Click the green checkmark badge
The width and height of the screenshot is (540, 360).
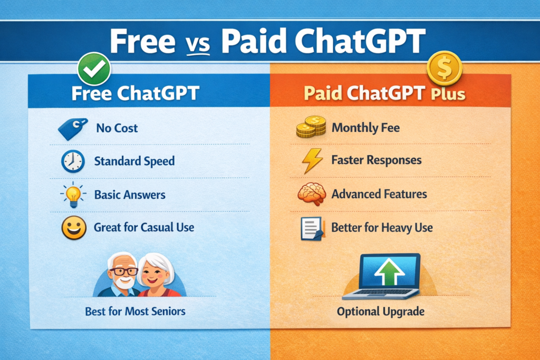pyautogui.click(x=94, y=68)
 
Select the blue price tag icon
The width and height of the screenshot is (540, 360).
pyautogui.click(x=73, y=128)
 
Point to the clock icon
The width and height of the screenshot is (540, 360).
pyautogui.click(x=73, y=161)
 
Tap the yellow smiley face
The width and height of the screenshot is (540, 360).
pyautogui.click(x=73, y=228)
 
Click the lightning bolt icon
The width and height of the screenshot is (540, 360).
pyautogui.click(x=312, y=161)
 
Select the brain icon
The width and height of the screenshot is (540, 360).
pyautogui.click(x=311, y=194)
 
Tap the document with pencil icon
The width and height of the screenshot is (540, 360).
pyautogui.click(x=311, y=228)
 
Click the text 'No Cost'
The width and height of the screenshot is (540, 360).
pyautogui.click(x=117, y=128)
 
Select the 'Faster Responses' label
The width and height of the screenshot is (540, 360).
pyautogui.click(x=377, y=160)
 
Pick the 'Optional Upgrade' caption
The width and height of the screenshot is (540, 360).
pyautogui.click(x=381, y=312)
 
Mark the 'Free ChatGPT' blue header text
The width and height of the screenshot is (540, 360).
pyautogui.click(x=135, y=93)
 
